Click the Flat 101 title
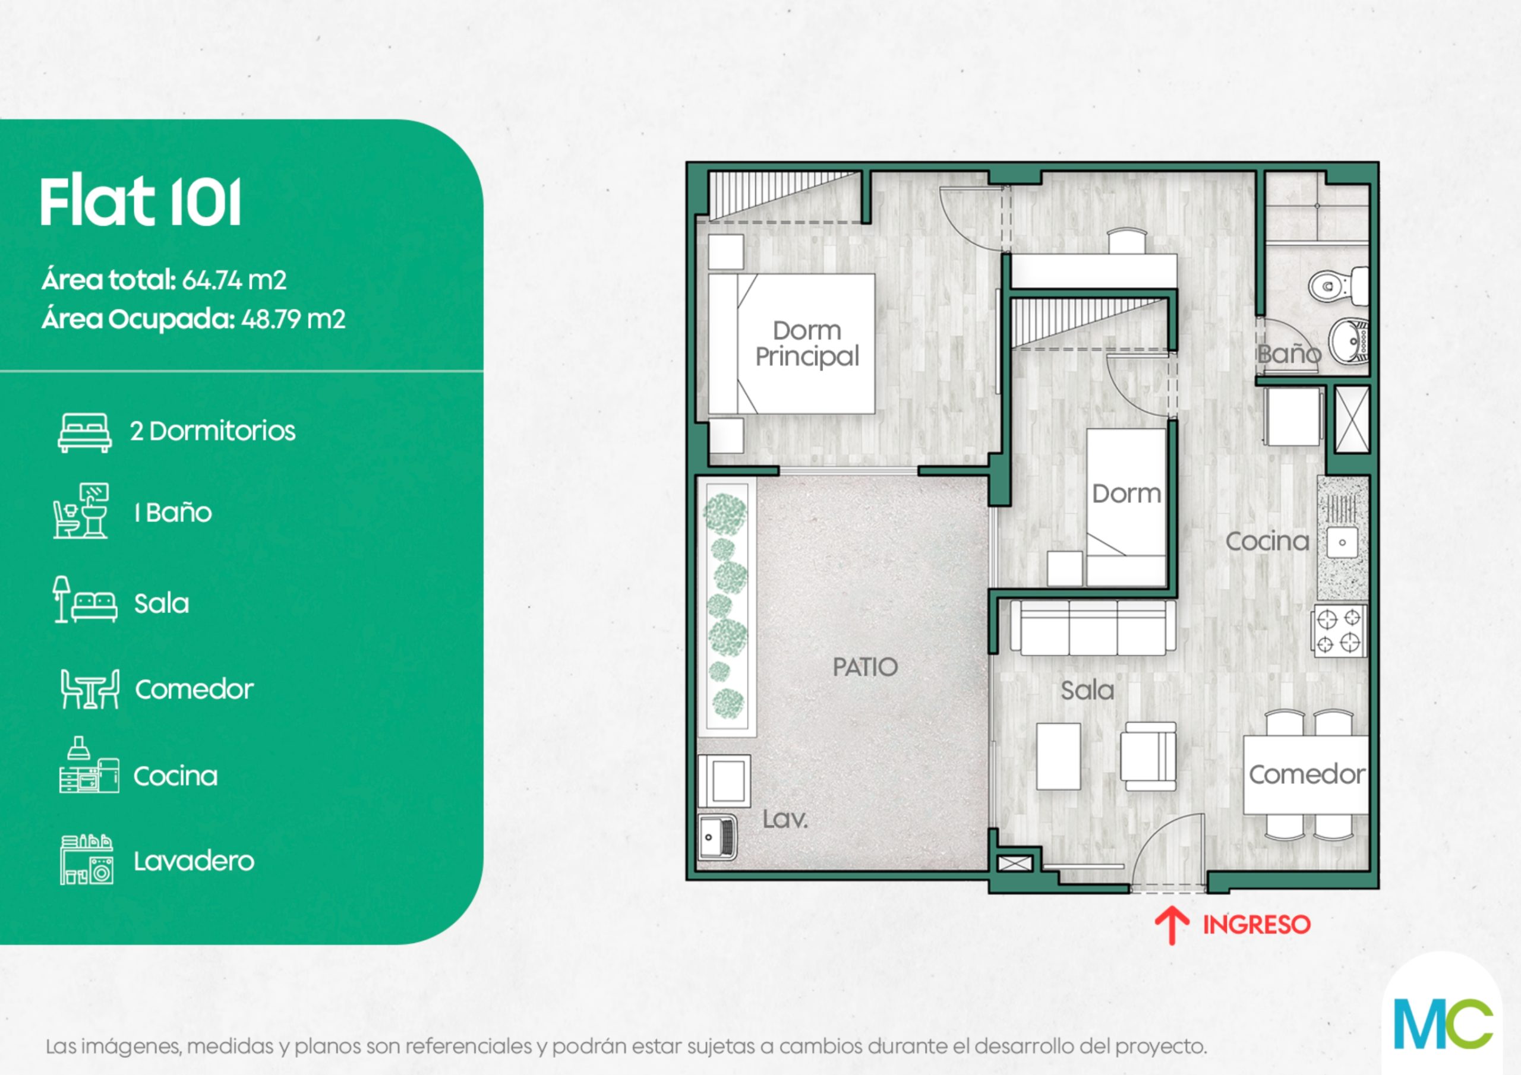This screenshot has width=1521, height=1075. [x=140, y=202]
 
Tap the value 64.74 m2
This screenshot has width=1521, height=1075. [x=234, y=280]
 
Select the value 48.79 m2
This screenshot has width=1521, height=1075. [x=293, y=320]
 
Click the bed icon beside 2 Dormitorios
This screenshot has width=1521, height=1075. [x=85, y=433]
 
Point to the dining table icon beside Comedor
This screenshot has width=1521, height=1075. [x=90, y=689]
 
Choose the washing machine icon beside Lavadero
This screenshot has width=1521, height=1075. [x=87, y=860]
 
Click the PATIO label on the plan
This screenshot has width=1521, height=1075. [x=865, y=667]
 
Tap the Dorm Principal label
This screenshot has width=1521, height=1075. [x=807, y=343]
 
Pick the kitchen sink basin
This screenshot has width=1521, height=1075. [x=1342, y=542]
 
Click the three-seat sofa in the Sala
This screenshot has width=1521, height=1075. [x=1093, y=627]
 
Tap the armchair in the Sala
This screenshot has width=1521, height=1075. [x=1148, y=755]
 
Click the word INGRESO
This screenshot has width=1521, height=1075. [x=1257, y=925]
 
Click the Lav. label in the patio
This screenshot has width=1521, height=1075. [x=785, y=820]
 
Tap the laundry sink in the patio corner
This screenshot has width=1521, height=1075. [x=718, y=837]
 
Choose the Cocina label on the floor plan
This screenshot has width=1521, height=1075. [x=1267, y=541]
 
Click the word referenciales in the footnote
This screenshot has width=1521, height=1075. [x=469, y=1046]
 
